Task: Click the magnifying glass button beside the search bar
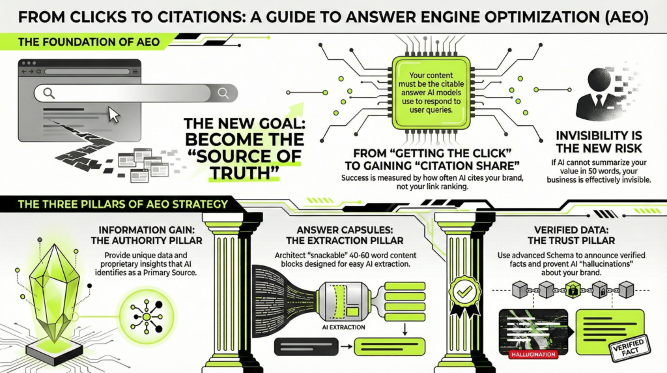click(x=223, y=93)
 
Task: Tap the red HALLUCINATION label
click(x=528, y=355)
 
